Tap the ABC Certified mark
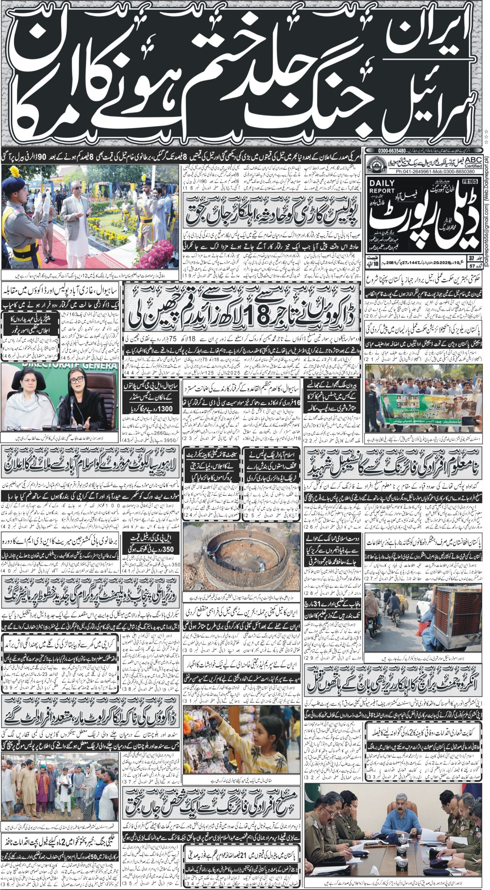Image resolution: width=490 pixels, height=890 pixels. pyautogui.click(x=470, y=161)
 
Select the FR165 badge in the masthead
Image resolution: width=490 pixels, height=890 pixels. pyautogui.click(x=471, y=180)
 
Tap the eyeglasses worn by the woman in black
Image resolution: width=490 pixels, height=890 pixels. pyautogui.click(x=76, y=381)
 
